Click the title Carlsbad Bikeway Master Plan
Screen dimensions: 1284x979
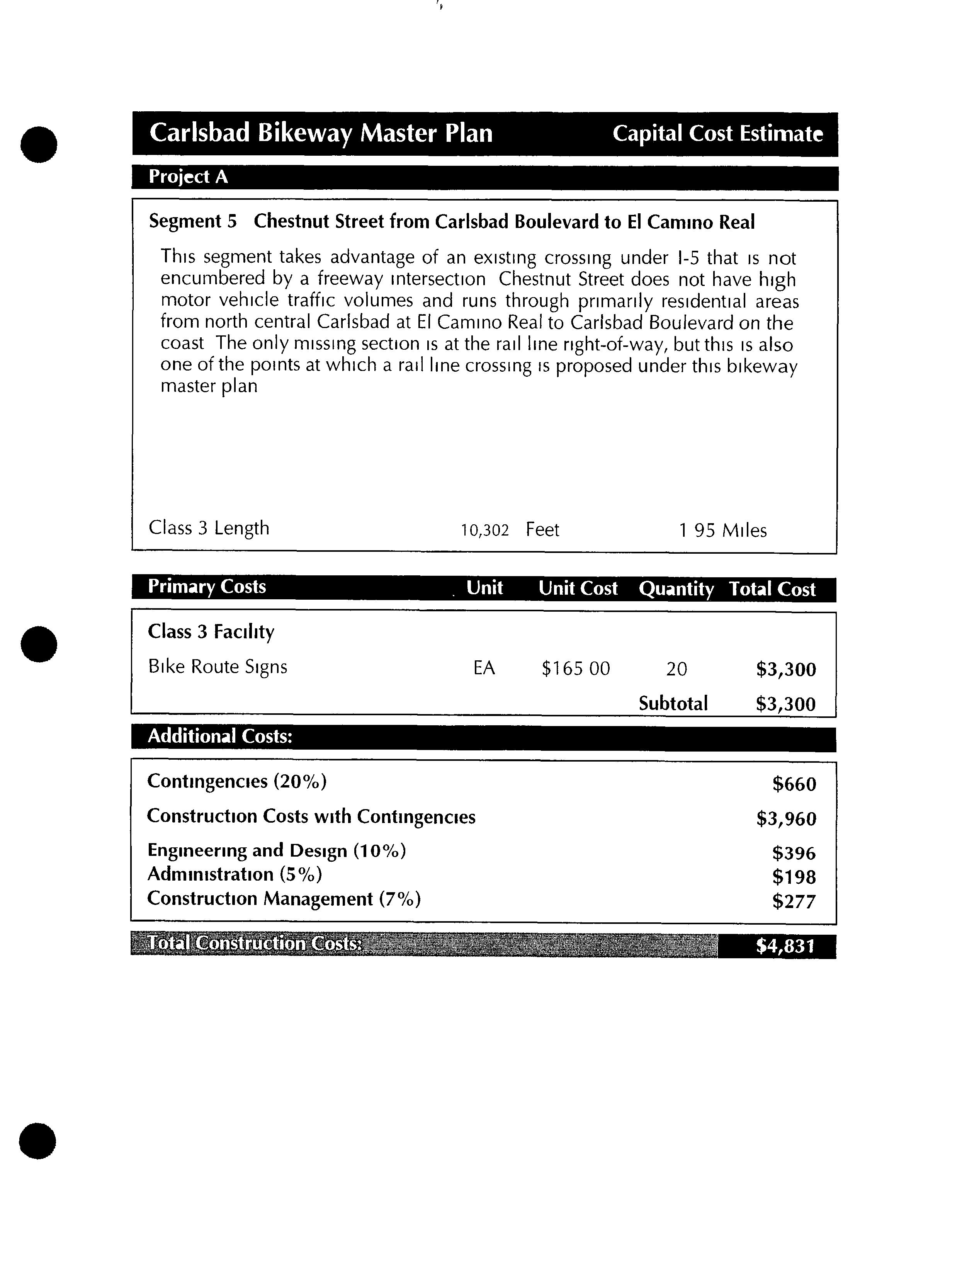pos(321,133)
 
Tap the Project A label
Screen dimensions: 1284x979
pos(188,177)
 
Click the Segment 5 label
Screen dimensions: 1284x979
pos(193,221)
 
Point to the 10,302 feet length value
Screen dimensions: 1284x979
pos(485,530)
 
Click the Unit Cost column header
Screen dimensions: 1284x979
pos(578,588)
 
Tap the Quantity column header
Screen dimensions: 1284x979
pos(676,588)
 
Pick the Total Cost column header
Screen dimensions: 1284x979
pos(772,589)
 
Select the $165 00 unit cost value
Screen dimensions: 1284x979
pos(576,668)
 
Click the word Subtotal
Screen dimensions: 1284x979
pos(673,704)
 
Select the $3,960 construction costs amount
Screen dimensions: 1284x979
pos(786,819)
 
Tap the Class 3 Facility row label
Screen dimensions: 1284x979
pos(211,632)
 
